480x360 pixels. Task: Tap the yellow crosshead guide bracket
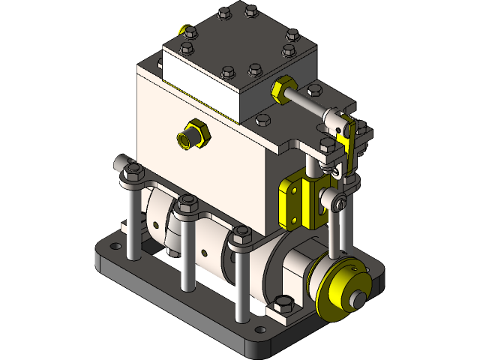point(295,202)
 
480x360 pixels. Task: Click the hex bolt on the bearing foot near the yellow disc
point(283,303)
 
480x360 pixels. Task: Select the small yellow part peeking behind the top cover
point(181,30)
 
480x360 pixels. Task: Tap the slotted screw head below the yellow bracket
point(342,201)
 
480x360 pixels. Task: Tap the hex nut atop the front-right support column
point(241,235)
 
